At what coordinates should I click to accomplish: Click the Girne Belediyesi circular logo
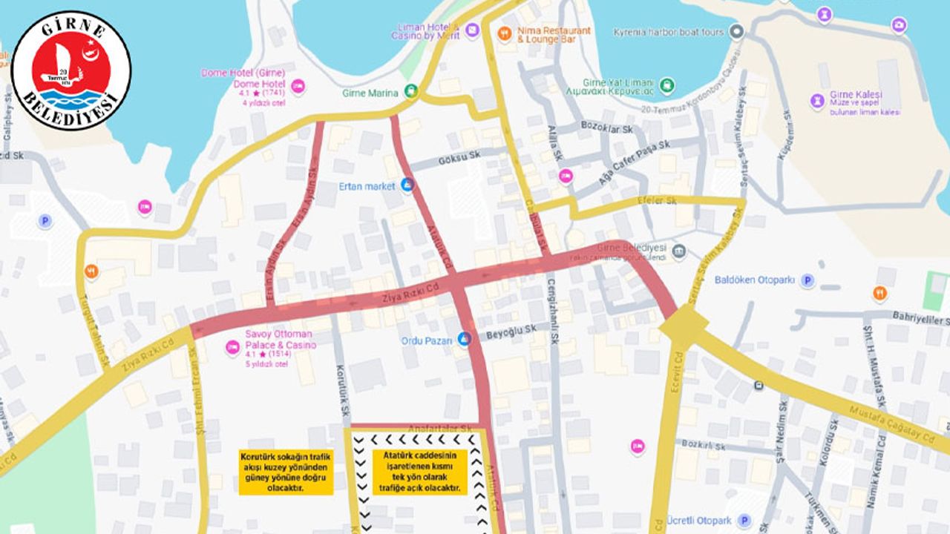click(71, 71)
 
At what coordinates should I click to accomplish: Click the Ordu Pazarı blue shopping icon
click(465, 339)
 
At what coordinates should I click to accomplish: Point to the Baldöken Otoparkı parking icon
click(807, 280)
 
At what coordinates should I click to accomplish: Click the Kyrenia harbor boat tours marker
click(736, 32)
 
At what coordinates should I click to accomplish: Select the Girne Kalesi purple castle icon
click(817, 100)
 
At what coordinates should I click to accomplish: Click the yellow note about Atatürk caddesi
click(419, 472)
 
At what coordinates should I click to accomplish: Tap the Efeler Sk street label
click(661, 201)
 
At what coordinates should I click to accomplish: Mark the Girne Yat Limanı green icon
click(666, 85)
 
